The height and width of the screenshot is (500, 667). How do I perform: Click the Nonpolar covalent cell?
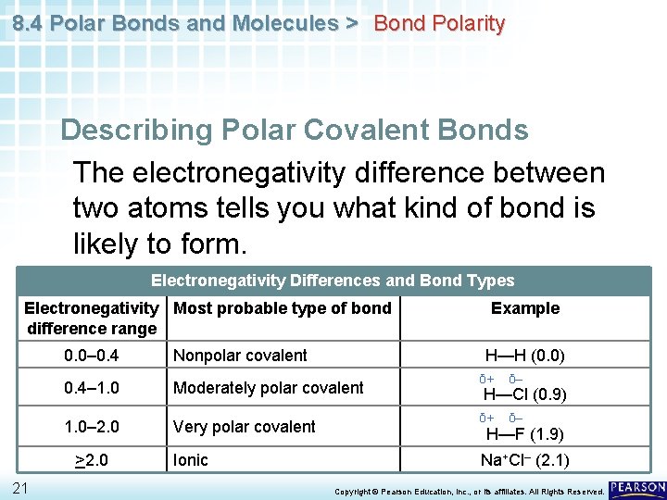tap(240, 356)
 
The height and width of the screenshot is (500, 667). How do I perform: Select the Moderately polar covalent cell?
tap(268, 388)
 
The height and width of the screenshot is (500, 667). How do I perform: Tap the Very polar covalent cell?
tap(245, 427)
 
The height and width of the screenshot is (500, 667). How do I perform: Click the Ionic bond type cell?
tap(191, 460)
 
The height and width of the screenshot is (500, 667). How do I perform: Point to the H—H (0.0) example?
tap(525, 356)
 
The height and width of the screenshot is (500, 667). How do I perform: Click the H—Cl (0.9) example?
tap(525, 394)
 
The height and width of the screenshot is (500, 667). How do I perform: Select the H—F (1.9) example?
tap(525, 433)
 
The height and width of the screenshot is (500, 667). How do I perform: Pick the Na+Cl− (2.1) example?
tap(525, 460)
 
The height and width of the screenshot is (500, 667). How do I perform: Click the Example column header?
tap(525, 308)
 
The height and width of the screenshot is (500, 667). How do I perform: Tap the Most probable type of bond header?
tap(283, 308)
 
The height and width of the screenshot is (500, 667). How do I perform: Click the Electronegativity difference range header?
tap(92, 319)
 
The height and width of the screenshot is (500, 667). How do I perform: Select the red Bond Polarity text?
tap(439, 24)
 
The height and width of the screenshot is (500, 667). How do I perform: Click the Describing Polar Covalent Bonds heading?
tap(295, 131)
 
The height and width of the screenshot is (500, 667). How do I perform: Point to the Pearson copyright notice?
tap(469, 491)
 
